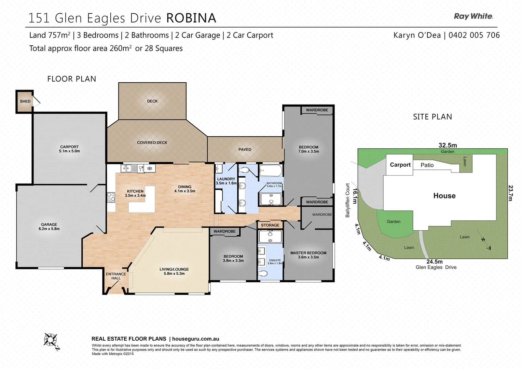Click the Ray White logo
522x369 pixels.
473,16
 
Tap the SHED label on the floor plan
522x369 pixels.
25,101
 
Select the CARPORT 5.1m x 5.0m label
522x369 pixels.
69,149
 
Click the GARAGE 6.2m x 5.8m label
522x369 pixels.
49,227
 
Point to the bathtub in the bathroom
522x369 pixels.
271,171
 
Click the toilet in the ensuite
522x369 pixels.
263,273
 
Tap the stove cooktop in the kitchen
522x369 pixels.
111,197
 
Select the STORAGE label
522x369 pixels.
270,225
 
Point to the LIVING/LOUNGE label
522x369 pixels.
174,271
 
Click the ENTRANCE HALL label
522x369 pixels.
116,276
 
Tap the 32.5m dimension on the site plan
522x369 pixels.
448,145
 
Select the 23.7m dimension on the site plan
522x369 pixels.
510,193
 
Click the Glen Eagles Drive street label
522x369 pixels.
436,268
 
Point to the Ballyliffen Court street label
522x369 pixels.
347,200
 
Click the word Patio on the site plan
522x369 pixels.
427,165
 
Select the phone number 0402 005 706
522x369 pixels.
474,35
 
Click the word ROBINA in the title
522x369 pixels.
191,18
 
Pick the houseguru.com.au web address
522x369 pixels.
195,339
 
